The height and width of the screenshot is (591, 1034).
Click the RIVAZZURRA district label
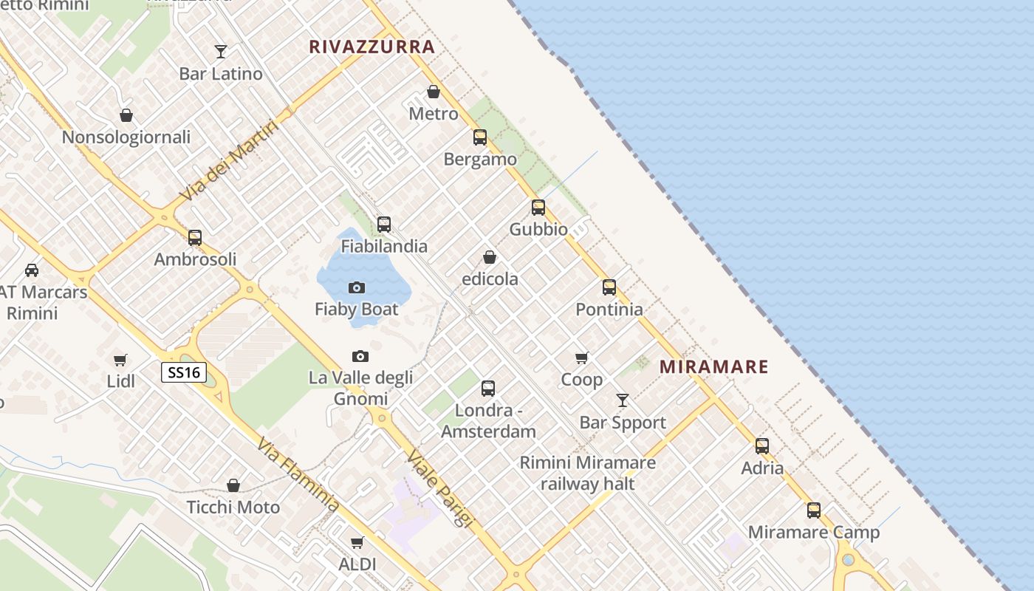click(372, 47)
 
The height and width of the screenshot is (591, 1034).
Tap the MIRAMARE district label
click(713, 366)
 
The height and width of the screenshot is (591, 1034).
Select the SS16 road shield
click(183, 372)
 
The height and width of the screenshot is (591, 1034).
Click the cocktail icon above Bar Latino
click(221, 52)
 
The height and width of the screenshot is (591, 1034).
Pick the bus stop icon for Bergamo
click(480, 137)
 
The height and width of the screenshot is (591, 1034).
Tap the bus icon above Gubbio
click(538, 208)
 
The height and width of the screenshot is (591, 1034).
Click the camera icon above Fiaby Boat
click(357, 287)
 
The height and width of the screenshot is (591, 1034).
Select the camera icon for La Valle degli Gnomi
click(360, 356)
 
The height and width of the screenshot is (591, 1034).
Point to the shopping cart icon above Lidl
click(120, 360)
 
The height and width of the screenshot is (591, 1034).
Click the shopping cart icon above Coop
click(582, 358)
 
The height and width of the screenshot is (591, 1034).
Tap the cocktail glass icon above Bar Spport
click(623, 400)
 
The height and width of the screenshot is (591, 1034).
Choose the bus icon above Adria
click(762, 446)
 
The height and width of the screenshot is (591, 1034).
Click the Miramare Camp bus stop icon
click(814, 510)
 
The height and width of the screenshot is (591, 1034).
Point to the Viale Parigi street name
click(440, 488)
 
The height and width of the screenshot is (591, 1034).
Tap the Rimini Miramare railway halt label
click(588, 473)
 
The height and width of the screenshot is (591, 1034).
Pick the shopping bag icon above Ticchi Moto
click(233, 485)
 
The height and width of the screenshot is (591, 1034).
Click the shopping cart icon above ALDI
click(357, 543)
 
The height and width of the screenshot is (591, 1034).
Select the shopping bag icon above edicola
click(490, 257)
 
